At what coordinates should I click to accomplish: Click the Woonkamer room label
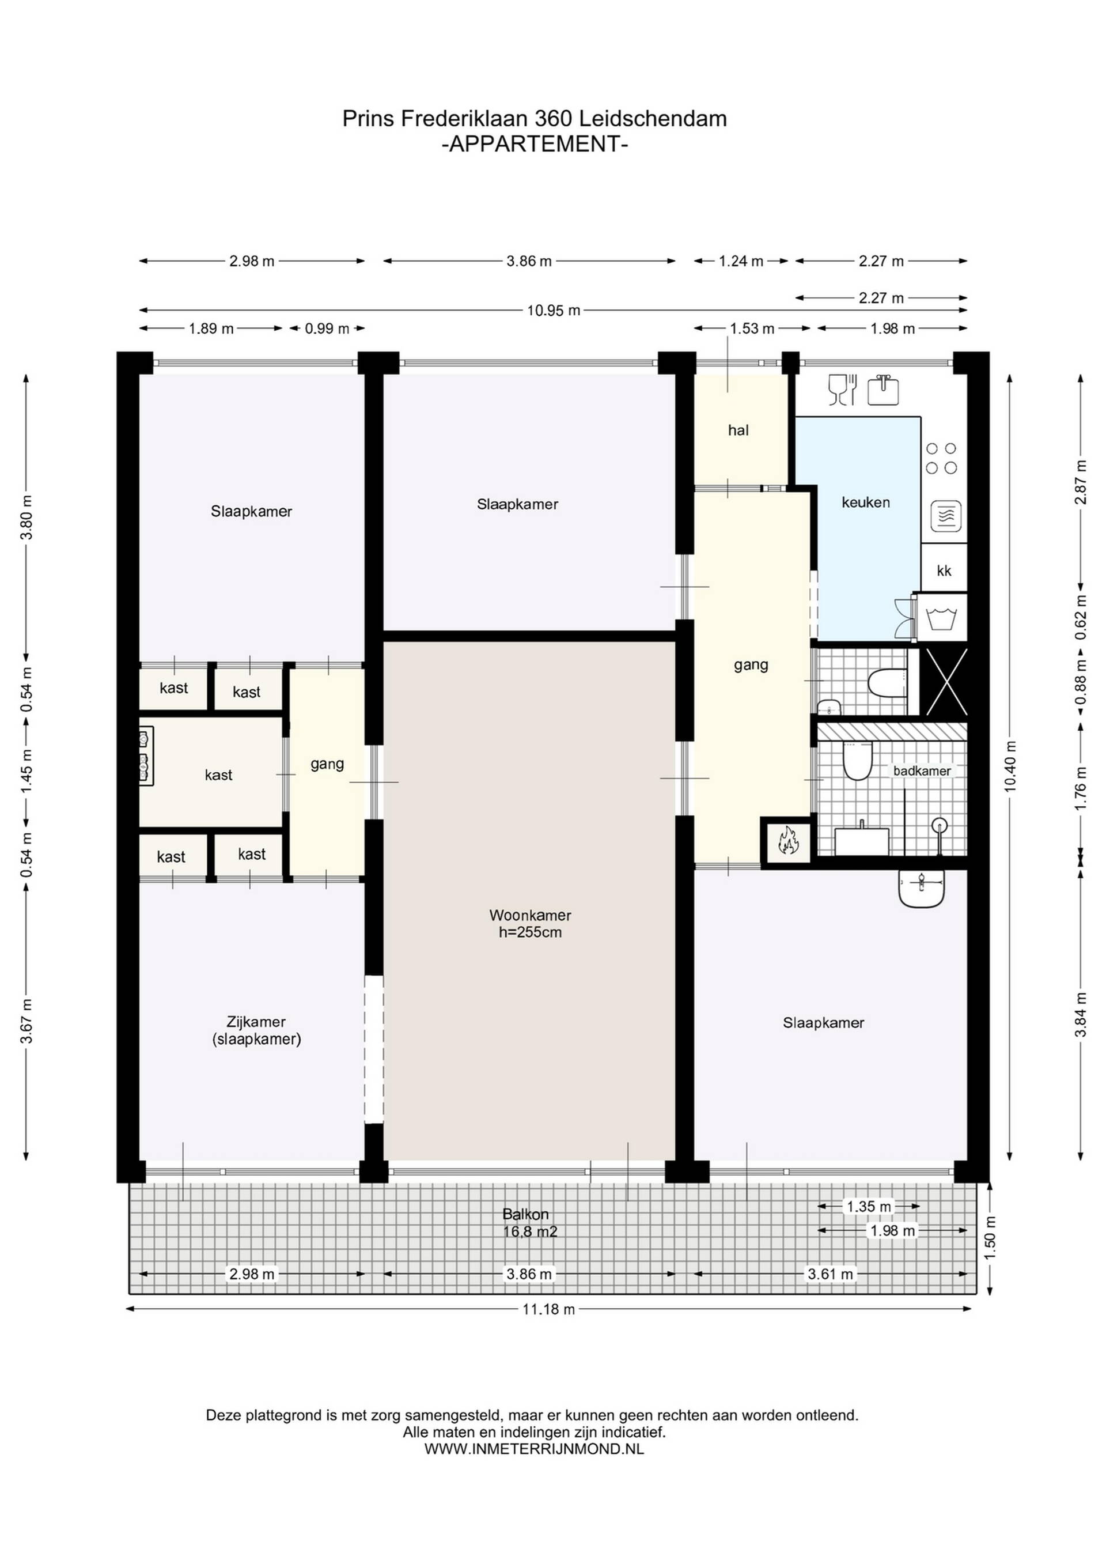tap(530, 916)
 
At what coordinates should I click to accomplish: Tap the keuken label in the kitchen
tap(866, 503)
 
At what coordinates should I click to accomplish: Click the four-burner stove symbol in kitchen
tap(942, 459)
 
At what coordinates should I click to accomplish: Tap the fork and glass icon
tap(842, 390)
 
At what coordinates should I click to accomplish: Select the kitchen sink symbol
tap(883, 389)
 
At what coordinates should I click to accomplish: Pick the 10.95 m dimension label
tap(554, 311)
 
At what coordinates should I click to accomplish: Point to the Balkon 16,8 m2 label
tap(530, 1223)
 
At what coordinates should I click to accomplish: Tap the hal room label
tap(738, 430)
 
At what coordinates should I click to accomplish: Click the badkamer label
tap(922, 771)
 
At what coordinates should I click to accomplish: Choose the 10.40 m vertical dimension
tap(1010, 766)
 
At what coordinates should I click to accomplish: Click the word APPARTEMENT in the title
tap(535, 145)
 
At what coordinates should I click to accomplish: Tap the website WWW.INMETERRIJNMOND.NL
tap(535, 1449)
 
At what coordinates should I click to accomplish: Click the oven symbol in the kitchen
tap(946, 516)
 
